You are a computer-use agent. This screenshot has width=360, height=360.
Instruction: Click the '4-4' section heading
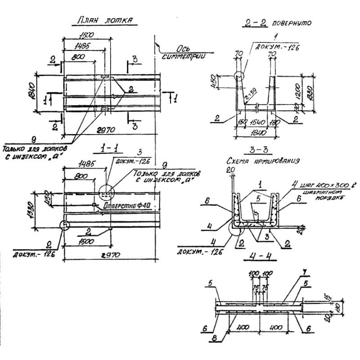pos(258,258)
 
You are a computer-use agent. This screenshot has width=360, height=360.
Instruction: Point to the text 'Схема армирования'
pos(263,160)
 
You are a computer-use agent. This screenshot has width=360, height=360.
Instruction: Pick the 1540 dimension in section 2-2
pos(256,122)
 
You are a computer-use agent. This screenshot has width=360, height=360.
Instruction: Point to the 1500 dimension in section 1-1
pos(89,242)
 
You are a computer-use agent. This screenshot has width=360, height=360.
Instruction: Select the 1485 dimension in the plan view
pos(83,46)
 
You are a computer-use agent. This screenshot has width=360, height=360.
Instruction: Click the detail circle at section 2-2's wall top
pos(240,76)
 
